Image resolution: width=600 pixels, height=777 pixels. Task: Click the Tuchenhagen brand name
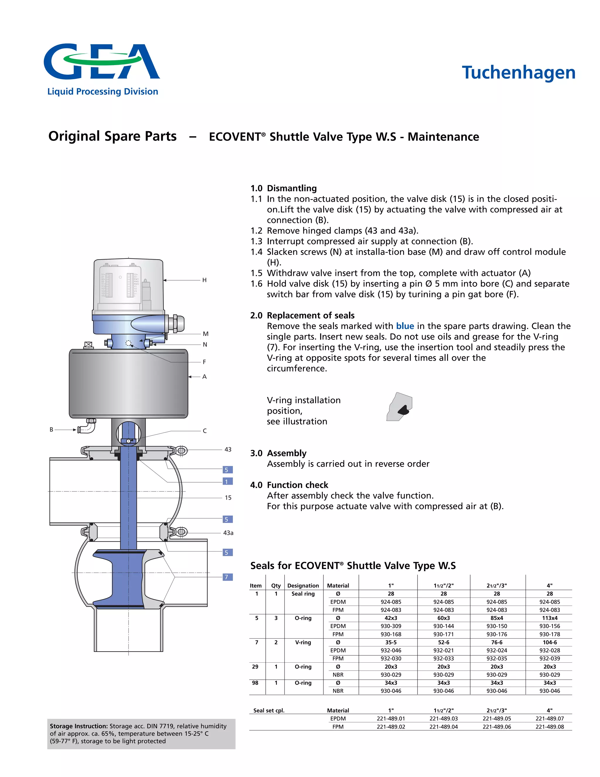click(x=518, y=73)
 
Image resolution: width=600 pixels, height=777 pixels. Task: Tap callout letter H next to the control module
click(x=204, y=280)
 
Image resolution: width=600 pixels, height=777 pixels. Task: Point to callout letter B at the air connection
click(x=52, y=430)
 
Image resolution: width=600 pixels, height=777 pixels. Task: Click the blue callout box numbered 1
click(x=227, y=481)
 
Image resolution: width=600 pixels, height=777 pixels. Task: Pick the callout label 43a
click(x=228, y=532)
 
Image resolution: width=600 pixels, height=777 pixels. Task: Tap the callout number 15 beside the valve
click(x=228, y=497)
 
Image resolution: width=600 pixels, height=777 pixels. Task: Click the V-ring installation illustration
click(x=400, y=407)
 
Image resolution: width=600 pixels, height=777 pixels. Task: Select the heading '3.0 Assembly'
click(x=278, y=453)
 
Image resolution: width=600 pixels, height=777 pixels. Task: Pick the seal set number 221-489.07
click(x=550, y=718)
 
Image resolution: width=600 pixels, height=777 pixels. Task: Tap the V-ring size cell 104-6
click(x=550, y=642)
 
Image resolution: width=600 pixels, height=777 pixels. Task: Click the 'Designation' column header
click(x=303, y=585)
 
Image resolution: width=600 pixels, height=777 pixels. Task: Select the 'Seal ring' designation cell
click(x=303, y=593)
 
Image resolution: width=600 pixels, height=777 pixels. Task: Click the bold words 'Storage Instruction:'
click(x=79, y=726)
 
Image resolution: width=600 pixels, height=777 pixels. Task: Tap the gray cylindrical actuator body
click(x=128, y=383)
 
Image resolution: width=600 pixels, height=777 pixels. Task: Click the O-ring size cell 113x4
click(x=550, y=618)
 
